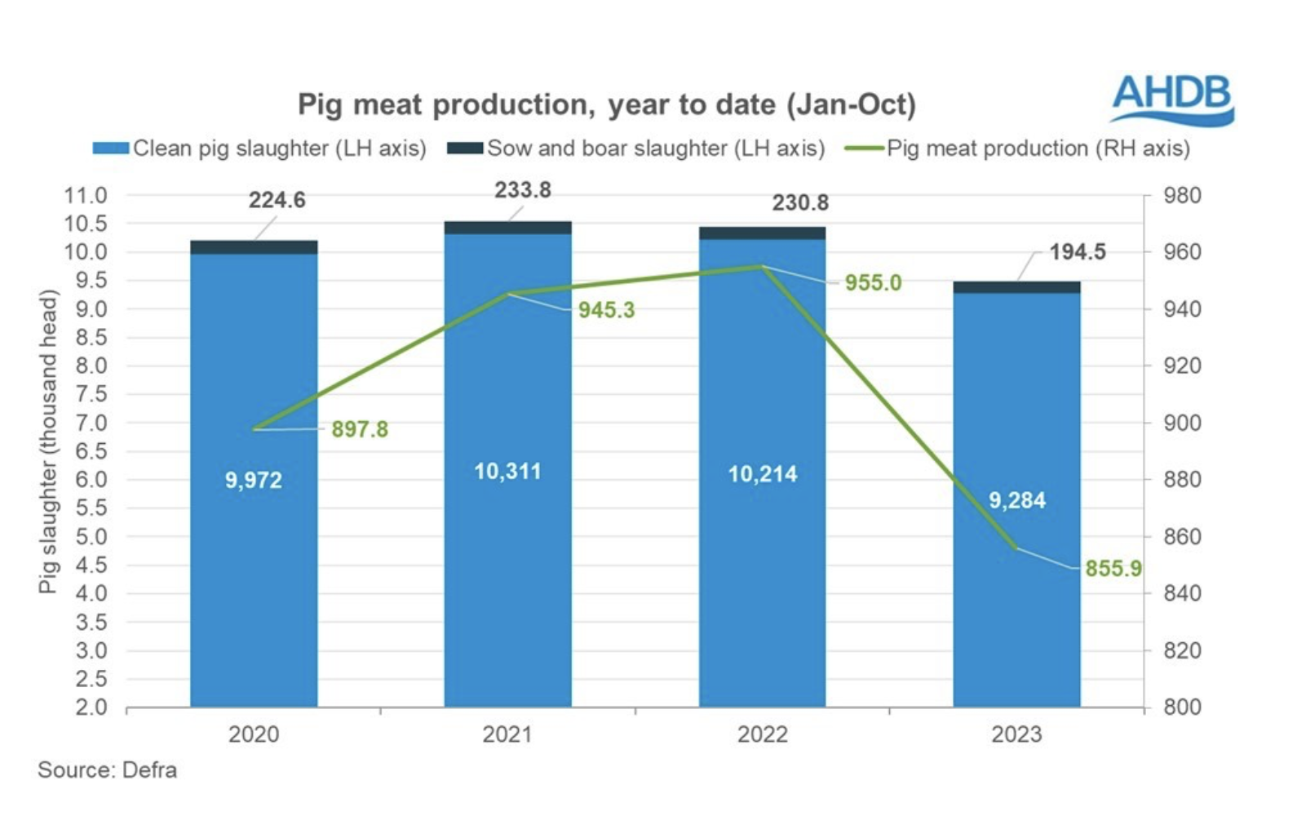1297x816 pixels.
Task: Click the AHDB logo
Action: tap(1172, 100)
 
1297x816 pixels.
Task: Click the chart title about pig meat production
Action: tap(606, 104)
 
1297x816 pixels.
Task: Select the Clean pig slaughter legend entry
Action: tap(259, 149)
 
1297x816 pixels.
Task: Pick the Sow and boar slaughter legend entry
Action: tap(636, 149)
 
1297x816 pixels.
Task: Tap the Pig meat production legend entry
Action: tap(1018, 149)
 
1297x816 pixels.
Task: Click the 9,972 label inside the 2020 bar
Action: tap(254, 480)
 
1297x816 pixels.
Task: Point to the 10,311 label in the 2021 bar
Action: tap(507, 472)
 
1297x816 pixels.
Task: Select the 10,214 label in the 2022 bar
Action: tap(762, 474)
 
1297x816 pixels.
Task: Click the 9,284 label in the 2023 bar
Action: tap(1016, 500)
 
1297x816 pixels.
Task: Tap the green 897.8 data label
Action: tap(360, 429)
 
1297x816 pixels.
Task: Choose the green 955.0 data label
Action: tap(873, 283)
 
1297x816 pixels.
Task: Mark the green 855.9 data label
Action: tap(1113, 569)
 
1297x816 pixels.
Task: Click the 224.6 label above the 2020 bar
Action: tap(277, 200)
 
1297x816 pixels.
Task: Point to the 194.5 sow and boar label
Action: tap(1077, 252)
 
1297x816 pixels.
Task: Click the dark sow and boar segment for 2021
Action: tap(507, 228)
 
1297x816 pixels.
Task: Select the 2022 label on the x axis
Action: tap(762, 734)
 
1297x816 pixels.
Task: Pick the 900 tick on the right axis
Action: tap(1182, 424)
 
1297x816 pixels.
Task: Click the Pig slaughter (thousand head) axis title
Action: tap(49, 441)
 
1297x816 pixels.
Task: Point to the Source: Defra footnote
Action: tap(107, 770)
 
